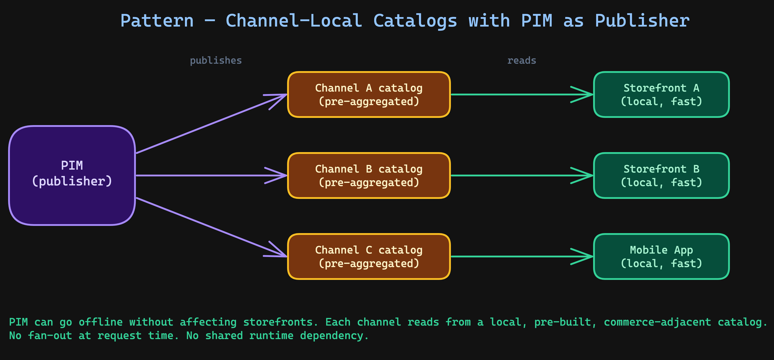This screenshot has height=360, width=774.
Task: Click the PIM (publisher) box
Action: click(x=72, y=175)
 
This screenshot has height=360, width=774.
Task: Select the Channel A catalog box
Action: click(x=369, y=94)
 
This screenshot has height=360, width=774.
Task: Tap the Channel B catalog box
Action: click(x=369, y=175)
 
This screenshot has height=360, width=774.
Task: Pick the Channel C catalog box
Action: click(x=369, y=256)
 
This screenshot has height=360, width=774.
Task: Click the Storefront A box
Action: click(x=661, y=94)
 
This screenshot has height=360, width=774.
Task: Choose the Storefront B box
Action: click(x=661, y=175)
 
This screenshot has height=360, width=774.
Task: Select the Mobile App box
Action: click(x=661, y=256)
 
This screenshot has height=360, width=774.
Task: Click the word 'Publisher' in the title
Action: click(x=642, y=21)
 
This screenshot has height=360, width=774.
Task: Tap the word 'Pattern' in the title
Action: click(x=157, y=21)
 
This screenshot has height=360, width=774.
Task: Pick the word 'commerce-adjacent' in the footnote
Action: click(x=657, y=322)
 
